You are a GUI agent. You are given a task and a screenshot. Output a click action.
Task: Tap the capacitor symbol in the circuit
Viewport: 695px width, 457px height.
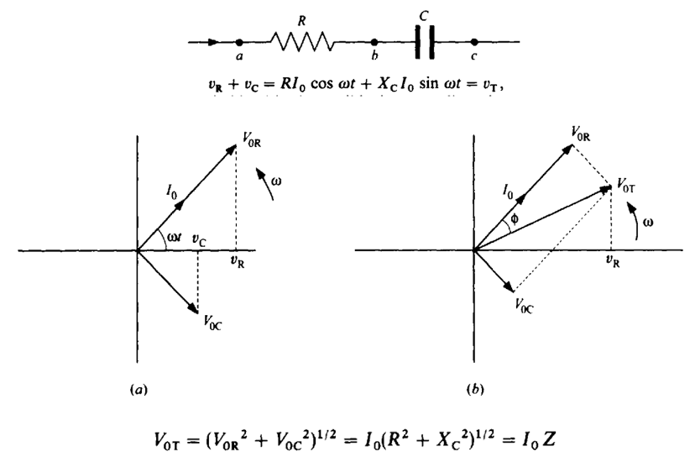pyautogui.click(x=425, y=41)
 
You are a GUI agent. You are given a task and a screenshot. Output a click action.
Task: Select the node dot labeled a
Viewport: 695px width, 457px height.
pyautogui.click(x=238, y=41)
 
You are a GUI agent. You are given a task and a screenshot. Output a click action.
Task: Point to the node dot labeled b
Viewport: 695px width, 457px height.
pyautogui.click(x=374, y=41)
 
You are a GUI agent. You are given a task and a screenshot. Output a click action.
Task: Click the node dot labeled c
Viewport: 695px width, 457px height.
pyautogui.click(x=474, y=41)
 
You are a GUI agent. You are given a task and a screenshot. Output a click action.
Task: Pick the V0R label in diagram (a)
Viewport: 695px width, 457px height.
pyautogui.click(x=249, y=145)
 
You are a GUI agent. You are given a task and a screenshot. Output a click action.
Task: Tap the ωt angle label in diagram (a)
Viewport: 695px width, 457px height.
pyautogui.click(x=175, y=238)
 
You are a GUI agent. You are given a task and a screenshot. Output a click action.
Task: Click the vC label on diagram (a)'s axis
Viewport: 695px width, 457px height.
pyautogui.click(x=200, y=239)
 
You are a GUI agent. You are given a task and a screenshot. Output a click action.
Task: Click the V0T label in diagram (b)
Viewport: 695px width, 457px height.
pyautogui.click(x=628, y=184)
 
